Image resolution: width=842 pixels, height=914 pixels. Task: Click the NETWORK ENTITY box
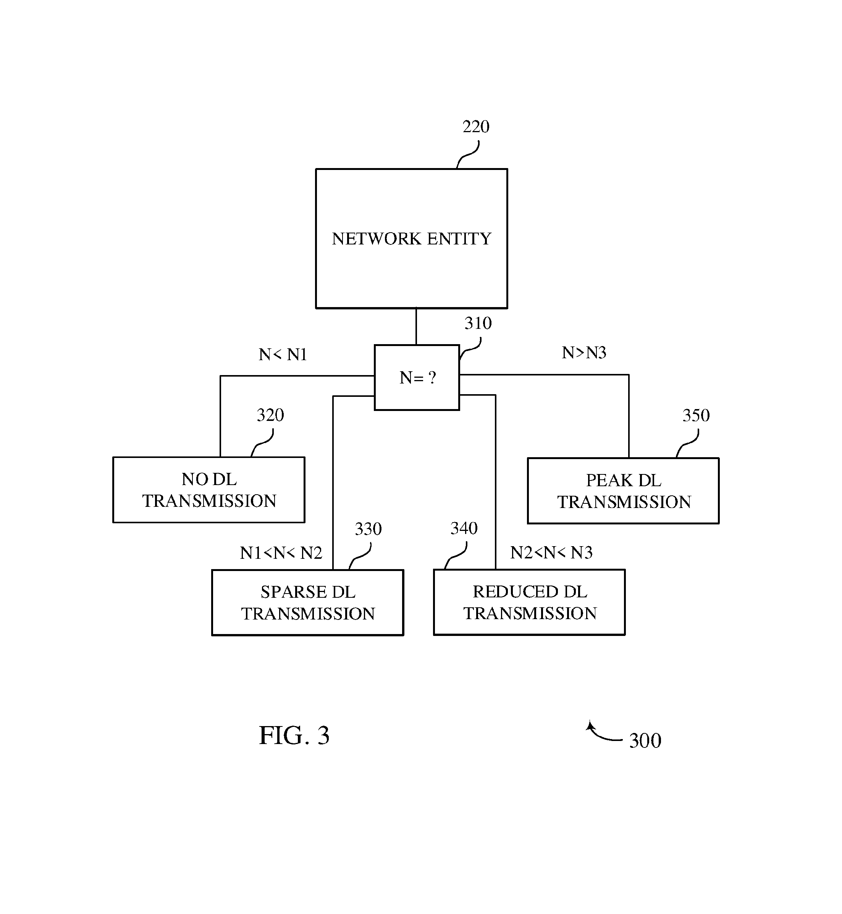[411, 238]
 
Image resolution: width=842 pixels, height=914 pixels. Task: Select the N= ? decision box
[417, 378]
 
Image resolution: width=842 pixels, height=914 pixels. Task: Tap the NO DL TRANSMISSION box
[208, 490]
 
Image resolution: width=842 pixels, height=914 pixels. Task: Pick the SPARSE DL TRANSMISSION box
[307, 602]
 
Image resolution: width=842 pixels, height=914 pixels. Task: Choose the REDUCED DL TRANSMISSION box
[529, 602]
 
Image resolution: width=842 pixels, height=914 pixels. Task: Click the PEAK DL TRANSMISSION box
[623, 491]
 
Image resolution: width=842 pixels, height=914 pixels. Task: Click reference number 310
[478, 324]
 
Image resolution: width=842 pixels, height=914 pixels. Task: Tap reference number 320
[270, 415]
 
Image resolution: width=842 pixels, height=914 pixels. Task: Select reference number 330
[368, 529]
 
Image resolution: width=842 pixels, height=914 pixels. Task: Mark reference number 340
[464, 529]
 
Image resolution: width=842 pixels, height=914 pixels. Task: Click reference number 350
[696, 416]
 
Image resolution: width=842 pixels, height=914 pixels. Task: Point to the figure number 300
[645, 741]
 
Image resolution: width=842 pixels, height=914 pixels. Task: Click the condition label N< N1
[283, 354]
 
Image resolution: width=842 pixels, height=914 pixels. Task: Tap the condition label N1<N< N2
[281, 553]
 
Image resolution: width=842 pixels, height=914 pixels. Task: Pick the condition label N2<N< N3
[551, 553]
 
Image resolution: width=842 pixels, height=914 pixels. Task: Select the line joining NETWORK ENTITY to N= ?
[416, 327]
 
